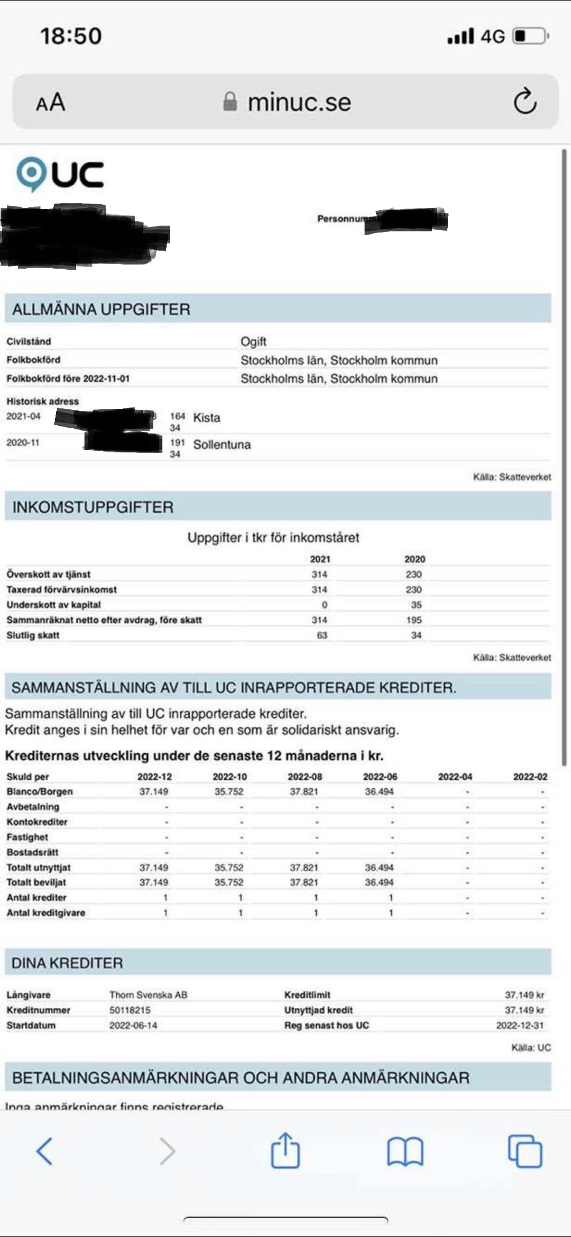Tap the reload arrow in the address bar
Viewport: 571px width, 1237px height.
[x=525, y=101]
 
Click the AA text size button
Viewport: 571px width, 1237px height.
[x=51, y=102]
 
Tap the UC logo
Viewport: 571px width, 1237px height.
[x=60, y=174]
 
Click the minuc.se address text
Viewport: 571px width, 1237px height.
[x=299, y=102]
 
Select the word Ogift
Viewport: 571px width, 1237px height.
[x=254, y=341]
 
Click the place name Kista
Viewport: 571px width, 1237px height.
[x=206, y=418]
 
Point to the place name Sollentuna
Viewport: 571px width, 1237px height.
[x=222, y=445]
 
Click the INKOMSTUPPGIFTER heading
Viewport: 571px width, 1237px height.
[x=93, y=507]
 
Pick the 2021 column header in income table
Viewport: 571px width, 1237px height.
[x=320, y=559]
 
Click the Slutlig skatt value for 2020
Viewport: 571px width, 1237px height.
[x=416, y=635]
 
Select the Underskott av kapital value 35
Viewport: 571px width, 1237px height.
[x=416, y=605]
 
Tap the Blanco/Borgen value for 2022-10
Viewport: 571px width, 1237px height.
[x=229, y=792]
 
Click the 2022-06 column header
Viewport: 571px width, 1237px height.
[x=380, y=777]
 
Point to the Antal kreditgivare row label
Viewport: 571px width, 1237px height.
[x=46, y=913]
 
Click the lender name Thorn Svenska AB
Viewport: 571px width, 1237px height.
[x=148, y=995]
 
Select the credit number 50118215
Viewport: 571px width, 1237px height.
[x=130, y=1010]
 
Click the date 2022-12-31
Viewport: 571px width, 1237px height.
[x=520, y=1025]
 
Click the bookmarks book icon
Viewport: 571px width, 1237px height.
[x=405, y=1151]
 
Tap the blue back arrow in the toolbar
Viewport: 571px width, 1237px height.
[x=45, y=1151]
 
